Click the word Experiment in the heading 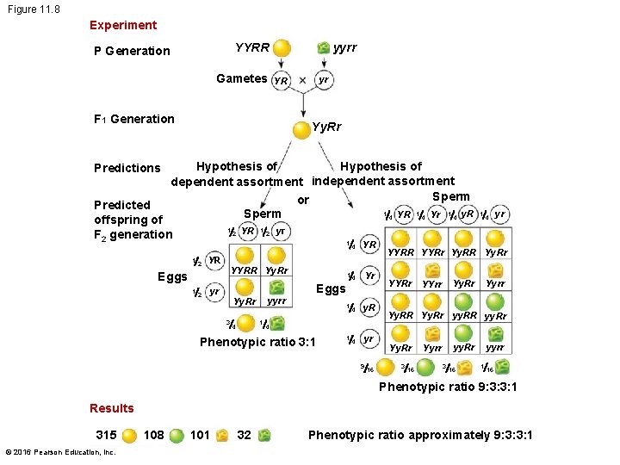(x=122, y=25)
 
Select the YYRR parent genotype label (x=252, y=47)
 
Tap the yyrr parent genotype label (x=344, y=47)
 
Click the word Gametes (x=241, y=78)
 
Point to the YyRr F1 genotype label (x=326, y=127)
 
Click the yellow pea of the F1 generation (x=301, y=131)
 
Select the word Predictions (x=127, y=168)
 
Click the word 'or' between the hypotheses (x=302, y=200)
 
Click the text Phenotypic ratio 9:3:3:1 (x=448, y=386)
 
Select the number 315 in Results (x=106, y=435)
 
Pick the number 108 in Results (x=155, y=435)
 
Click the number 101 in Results (x=200, y=435)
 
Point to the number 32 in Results (x=244, y=435)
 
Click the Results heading (x=112, y=408)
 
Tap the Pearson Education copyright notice (x=59, y=451)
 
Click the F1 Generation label (x=133, y=119)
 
